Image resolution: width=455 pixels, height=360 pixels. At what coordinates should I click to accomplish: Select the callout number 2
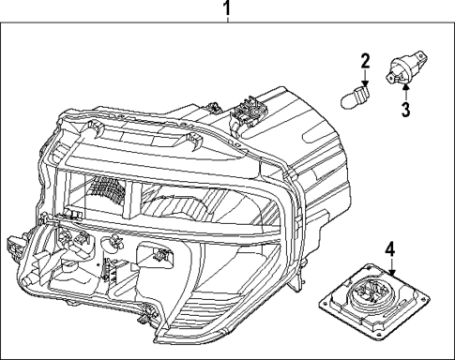point(364,63)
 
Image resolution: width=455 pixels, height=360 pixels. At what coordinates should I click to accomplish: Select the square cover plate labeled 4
point(371,304)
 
